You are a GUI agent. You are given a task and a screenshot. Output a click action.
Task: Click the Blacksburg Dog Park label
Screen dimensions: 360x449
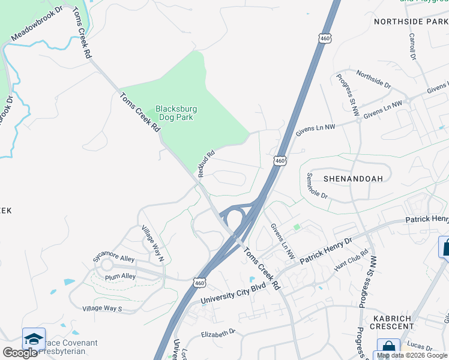coord(176,113)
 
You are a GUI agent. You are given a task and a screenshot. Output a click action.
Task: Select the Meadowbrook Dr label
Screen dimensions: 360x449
coord(37,25)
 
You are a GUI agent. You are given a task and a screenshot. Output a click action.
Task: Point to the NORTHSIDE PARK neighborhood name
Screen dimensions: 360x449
coord(411,22)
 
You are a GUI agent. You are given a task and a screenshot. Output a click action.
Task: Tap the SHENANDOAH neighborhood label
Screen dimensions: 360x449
coord(353,179)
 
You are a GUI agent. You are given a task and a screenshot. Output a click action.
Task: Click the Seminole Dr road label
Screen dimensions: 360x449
coord(317,187)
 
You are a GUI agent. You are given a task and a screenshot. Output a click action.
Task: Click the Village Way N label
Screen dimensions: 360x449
coord(152,243)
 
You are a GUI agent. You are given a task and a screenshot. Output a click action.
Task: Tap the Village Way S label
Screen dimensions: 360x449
coord(102,309)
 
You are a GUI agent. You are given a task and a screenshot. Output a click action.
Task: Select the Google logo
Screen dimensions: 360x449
coord(20,353)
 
